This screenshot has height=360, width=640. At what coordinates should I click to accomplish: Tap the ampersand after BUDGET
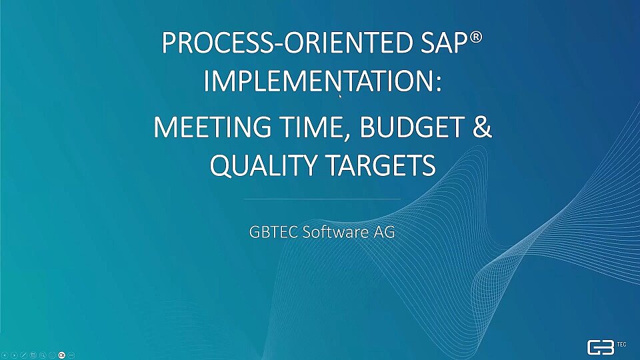(x=483, y=127)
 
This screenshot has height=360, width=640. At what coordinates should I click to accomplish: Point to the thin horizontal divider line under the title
(x=322, y=199)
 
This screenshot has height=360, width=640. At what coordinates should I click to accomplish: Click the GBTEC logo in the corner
(x=606, y=347)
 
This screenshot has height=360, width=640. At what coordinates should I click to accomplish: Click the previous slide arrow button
(x=5, y=355)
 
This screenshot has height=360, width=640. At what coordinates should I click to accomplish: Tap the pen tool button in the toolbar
(x=24, y=355)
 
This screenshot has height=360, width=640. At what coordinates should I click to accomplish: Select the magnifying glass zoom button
(x=43, y=355)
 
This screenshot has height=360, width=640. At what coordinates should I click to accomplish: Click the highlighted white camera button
(x=61, y=355)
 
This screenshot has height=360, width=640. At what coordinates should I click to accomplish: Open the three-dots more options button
(x=71, y=355)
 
